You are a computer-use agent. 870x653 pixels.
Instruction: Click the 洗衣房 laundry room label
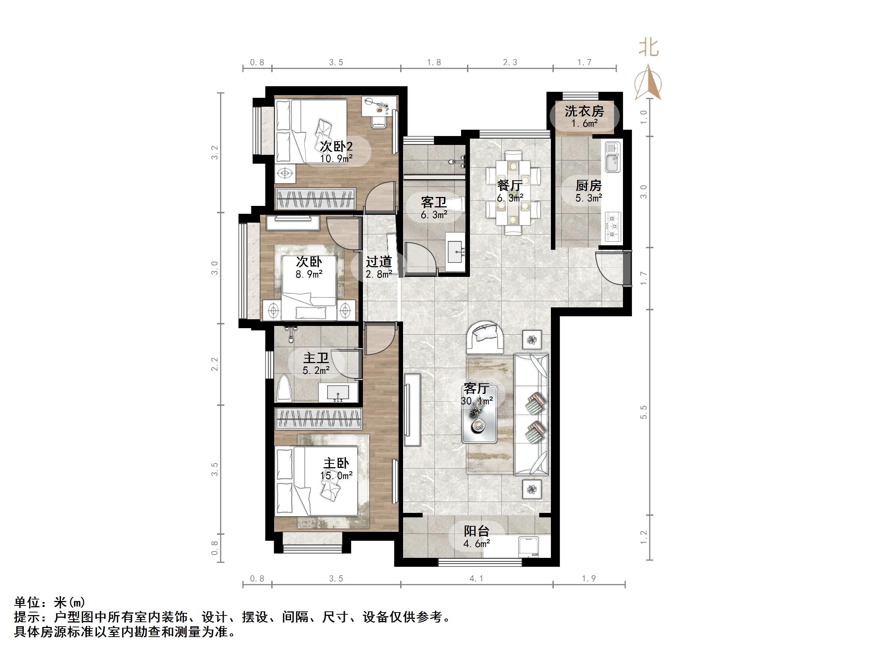coord(584,111)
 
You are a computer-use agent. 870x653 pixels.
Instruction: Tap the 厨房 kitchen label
coord(588,185)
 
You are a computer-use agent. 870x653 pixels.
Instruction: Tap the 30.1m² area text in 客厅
coord(477,401)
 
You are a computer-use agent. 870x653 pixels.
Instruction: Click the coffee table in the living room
coord(480,414)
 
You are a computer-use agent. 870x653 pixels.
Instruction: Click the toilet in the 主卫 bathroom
coord(284,388)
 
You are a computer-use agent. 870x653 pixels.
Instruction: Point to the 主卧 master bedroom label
coord(336,463)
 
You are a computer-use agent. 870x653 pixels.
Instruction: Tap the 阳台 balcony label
coord(476,531)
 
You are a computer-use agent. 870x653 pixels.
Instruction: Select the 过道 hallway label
coord(379,262)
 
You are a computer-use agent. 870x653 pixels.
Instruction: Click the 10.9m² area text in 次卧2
coord(336,159)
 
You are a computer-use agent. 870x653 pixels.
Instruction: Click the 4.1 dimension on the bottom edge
coord(476,579)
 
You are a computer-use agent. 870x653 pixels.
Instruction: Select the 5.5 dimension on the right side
coord(643,412)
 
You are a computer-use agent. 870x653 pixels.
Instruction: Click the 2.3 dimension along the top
coord(510,62)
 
